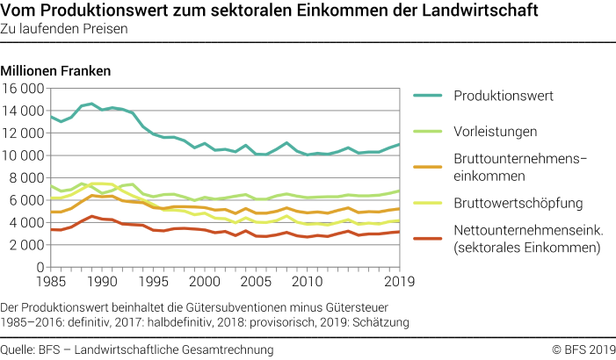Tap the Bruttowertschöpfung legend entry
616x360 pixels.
click(x=506, y=204)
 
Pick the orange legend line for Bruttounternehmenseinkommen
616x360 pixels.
click(x=428, y=167)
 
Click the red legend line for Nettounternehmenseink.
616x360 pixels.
click(x=428, y=239)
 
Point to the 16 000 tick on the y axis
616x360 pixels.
click(x=23, y=89)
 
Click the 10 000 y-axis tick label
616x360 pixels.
click(x=23, y=155)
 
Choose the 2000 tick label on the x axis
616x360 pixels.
click(x=205, y=282)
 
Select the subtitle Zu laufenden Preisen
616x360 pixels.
click(x=65, y=29)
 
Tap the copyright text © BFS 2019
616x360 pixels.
click(x=583, y=349)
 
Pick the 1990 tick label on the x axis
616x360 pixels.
click(x=103, y=282)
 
